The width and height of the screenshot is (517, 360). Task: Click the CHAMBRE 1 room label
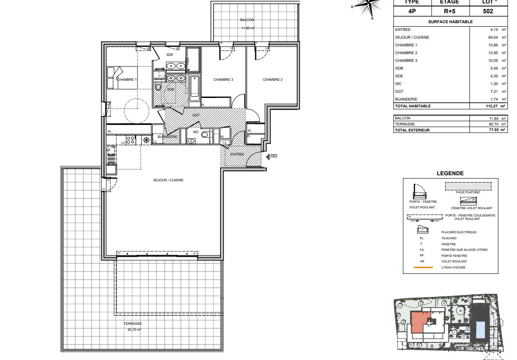coord(127,79)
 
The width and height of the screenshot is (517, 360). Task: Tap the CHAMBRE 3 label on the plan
coord(223,79)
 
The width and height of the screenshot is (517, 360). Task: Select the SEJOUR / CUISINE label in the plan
coord(168,180)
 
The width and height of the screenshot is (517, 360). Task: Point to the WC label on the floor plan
coord(196,132)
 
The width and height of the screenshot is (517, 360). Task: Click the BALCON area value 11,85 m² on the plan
coord(248,28)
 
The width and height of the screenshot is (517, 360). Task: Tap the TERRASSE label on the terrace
coord(132,324)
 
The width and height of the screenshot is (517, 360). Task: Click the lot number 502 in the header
coord(488,11)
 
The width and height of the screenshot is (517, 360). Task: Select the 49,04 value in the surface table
coord(489,37)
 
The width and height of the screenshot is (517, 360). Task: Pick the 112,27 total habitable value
coord(488,106)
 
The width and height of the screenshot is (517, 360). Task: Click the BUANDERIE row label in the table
coord(407,99)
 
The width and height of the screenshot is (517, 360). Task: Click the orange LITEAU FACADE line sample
coord(423,268)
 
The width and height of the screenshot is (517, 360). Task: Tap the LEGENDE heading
coord(450,174)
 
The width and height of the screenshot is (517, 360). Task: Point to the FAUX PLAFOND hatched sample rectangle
coord(468,186)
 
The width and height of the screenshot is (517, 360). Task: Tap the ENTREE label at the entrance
coord(237,154)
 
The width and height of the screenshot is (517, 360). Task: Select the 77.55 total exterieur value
coord(488,130)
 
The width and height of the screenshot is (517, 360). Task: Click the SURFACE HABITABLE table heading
coord(450,21)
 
